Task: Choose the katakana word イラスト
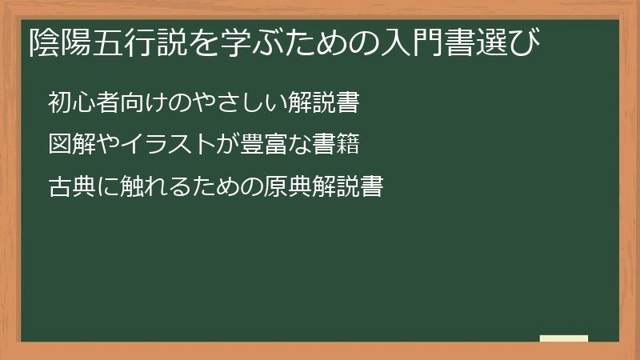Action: click(x=156, y=145)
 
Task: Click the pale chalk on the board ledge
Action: click(x=564, y=338)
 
